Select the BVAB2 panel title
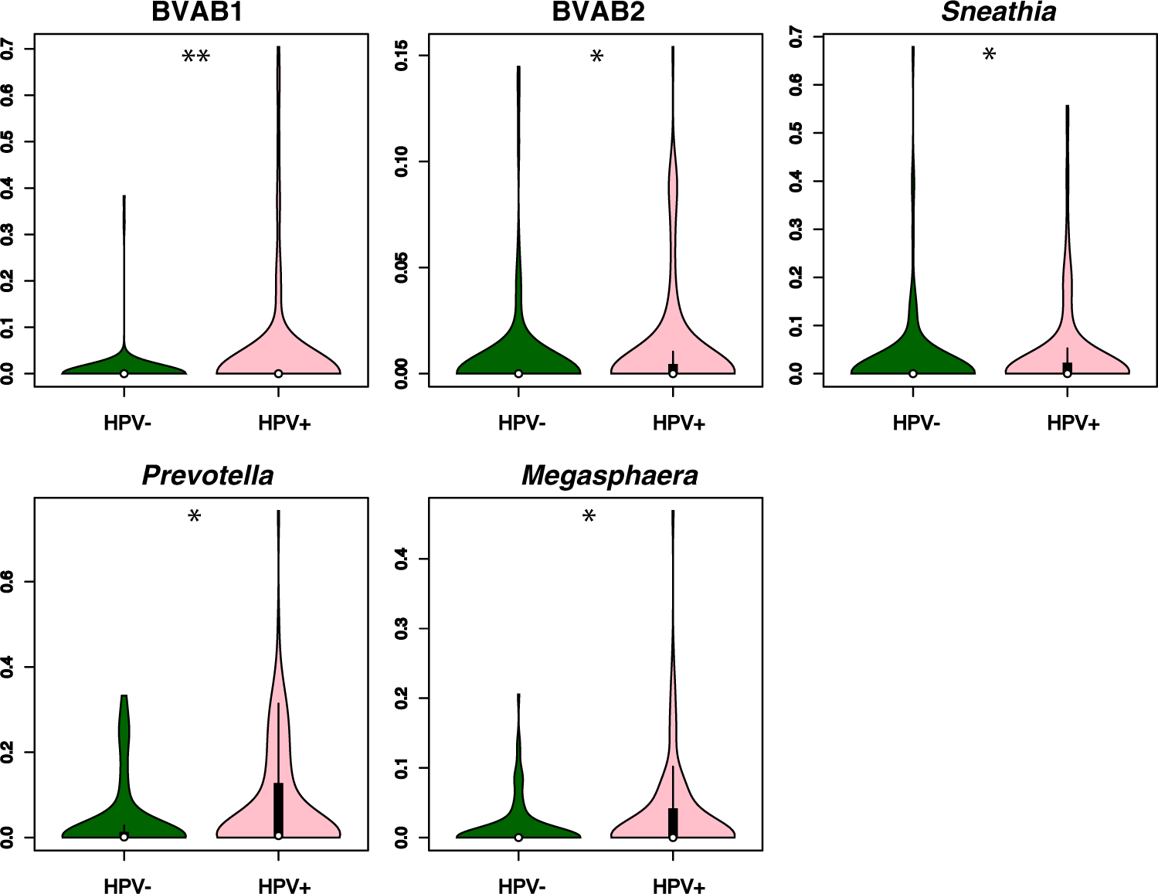click(598, 12)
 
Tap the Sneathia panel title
click(998, 12)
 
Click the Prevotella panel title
click(208, 475)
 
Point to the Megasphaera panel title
click(610, 475)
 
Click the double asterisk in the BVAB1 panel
click(195, 57)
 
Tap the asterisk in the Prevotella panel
click(195, 517)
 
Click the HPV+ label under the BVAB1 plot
click(284, 423)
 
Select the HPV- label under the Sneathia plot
click(916, 423)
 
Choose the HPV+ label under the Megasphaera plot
click(678, 886)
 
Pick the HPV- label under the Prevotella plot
click(127, 886)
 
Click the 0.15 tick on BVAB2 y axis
click(402, 56)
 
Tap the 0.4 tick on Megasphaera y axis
click(402, 559)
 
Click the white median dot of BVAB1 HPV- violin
click(124, 373)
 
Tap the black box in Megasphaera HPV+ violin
click(673, 821)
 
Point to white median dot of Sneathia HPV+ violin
click(1067, 373)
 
